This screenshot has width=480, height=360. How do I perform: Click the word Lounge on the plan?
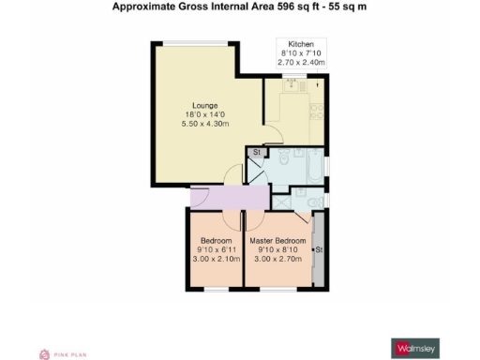point(206,104)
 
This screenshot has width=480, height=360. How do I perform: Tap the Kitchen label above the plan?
point(301,44)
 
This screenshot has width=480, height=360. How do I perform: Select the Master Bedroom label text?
point(277,240)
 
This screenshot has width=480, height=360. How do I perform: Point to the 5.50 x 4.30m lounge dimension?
point(206,124)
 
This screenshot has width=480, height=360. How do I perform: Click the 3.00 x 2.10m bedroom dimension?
point(214,260)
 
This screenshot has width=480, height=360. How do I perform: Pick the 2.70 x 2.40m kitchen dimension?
point(301,63)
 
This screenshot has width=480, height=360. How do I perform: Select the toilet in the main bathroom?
point(283,159)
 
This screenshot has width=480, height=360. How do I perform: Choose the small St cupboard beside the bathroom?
point(255,151)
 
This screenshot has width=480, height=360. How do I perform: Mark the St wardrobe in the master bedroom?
point(318,249)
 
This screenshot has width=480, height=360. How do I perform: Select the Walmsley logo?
point(415,348)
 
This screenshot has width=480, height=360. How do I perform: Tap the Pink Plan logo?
point(60,353)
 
